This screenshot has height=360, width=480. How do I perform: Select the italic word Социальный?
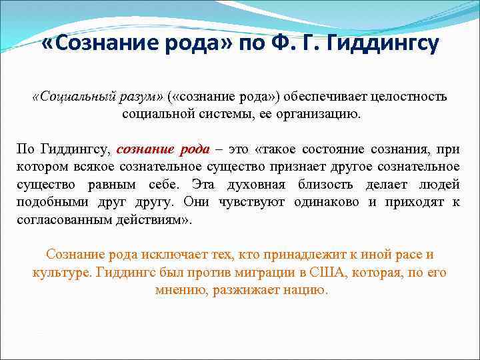(x=69, y=97)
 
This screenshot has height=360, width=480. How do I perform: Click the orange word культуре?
(x=61, y=273)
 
